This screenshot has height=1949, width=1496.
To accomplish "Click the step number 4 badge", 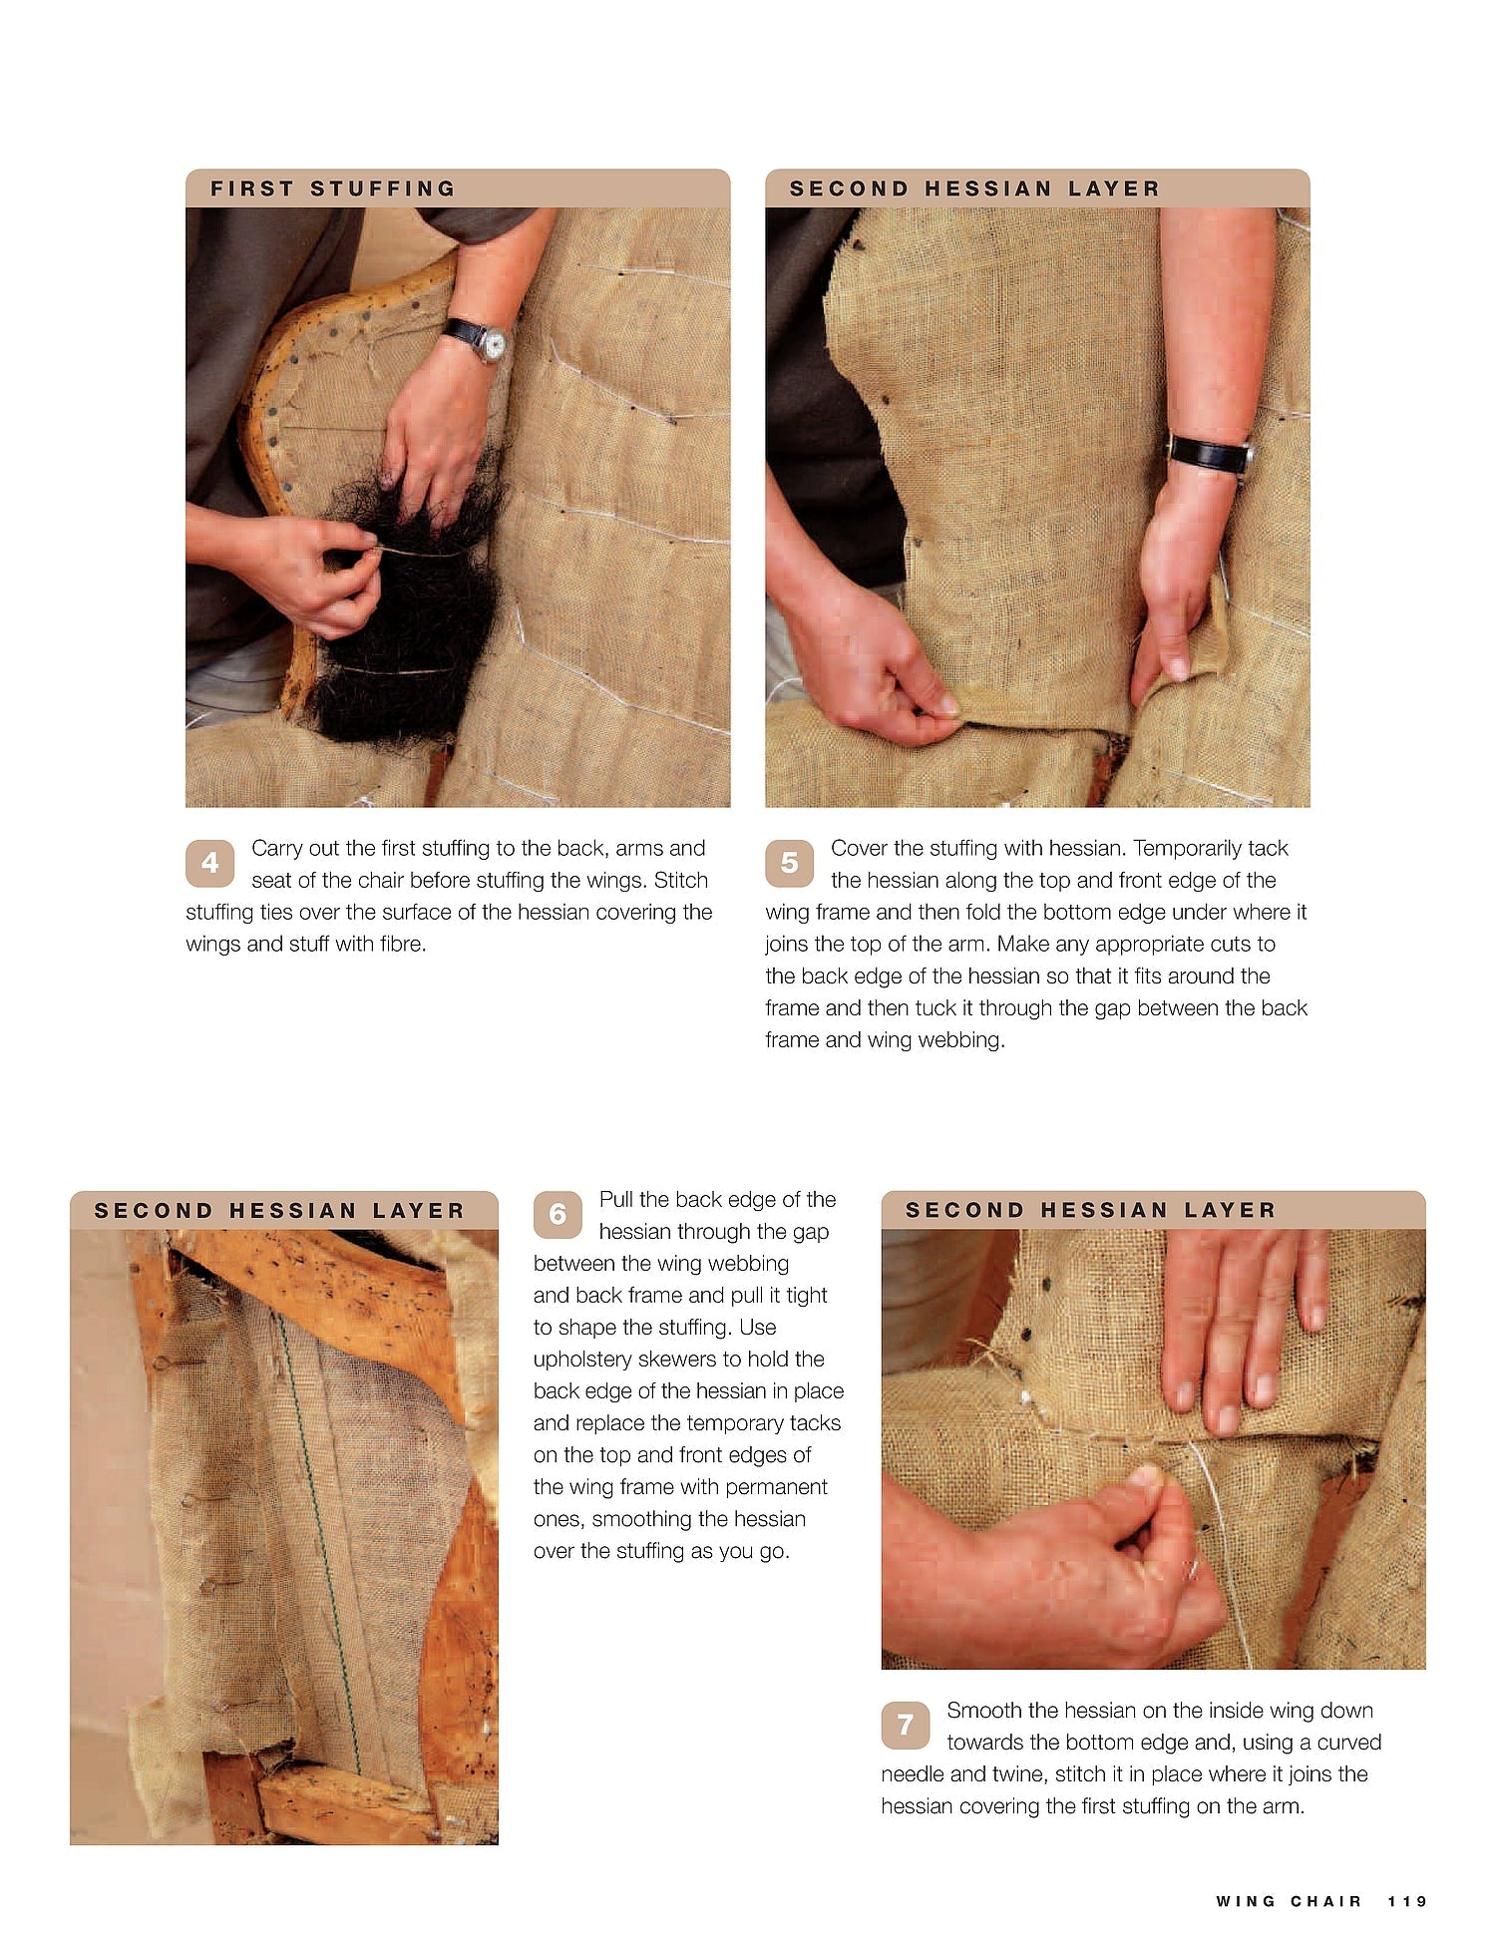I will [x=209, y=862].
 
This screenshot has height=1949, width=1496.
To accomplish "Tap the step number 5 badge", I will [x=789, y=862].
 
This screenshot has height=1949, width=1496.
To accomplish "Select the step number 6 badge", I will [x=558, y=1214].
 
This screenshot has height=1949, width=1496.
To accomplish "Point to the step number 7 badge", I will [x=905, y=1725].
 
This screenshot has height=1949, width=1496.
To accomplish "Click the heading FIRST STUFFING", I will [x=332, y=189].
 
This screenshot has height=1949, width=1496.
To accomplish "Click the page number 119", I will [x=1407, y=1901].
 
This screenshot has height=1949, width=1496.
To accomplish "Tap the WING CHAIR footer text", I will [x=1289, y=1901].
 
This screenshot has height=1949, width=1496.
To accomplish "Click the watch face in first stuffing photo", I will [x=492, y=345].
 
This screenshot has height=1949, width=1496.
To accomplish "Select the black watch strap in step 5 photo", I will [x=1209, y=454].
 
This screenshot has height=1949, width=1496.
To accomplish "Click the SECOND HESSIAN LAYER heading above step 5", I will [x=974, y=189].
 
